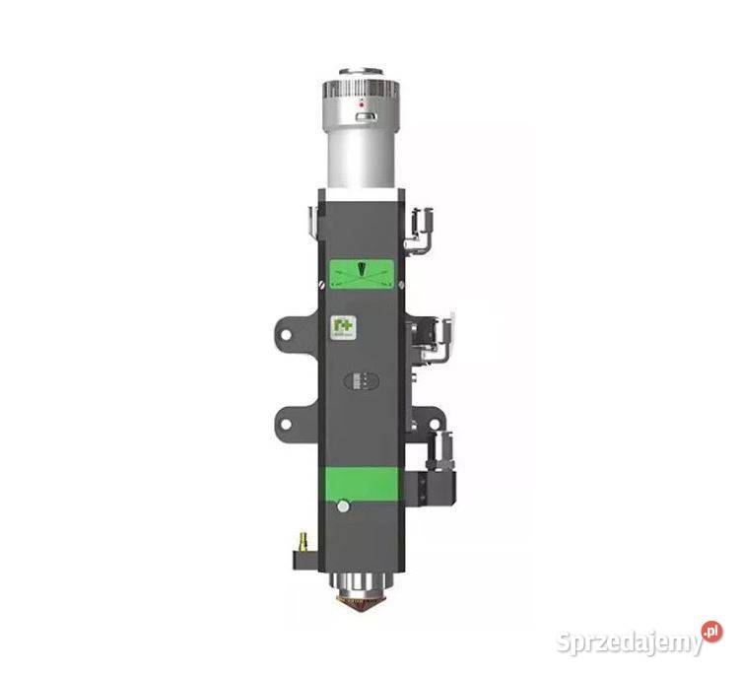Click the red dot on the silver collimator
(361, 102)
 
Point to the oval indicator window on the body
(361, 382)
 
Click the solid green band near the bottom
(360, 482)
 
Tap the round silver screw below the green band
(342, 507)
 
